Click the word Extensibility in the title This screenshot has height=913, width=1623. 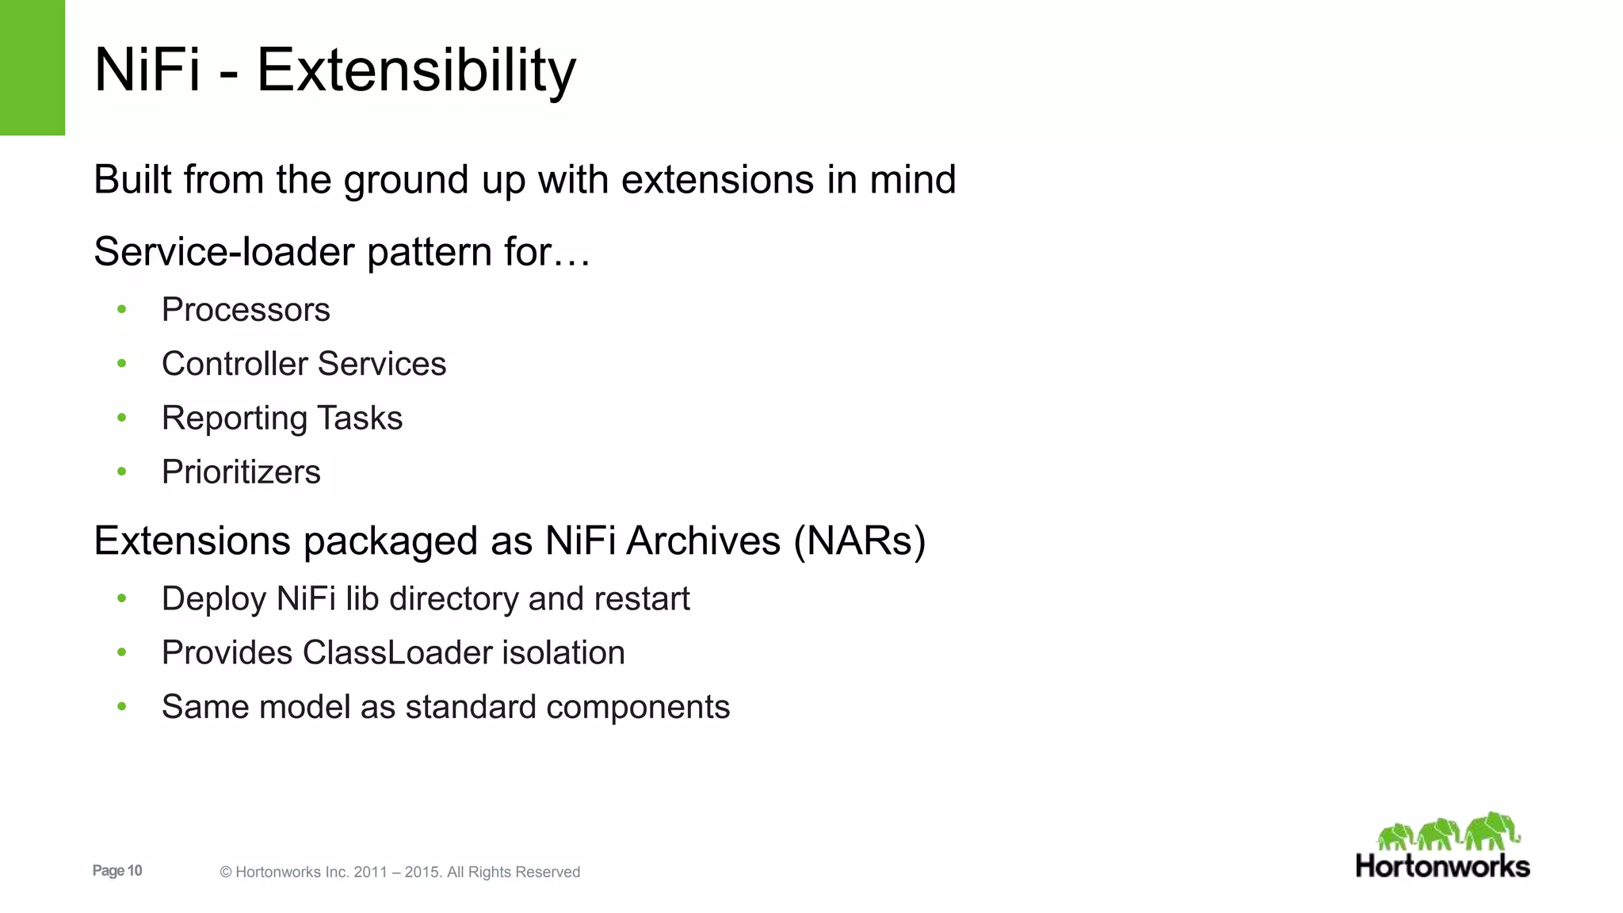416,71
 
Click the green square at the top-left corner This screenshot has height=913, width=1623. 32,67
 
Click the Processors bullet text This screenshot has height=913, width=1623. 246,310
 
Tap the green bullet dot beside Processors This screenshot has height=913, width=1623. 121,309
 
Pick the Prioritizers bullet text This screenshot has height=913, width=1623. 241,472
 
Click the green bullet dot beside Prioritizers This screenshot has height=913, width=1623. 121,472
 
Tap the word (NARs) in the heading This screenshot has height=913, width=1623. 860,541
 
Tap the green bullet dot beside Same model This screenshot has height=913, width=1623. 121,706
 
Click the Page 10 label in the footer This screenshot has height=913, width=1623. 117,871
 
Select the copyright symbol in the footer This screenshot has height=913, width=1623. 226,873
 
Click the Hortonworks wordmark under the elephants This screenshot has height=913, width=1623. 1442,866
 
